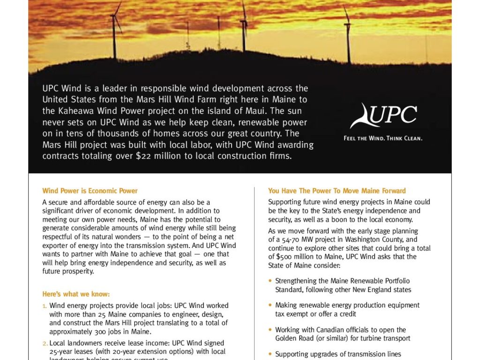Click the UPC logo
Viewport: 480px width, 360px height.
[x=383, y=117]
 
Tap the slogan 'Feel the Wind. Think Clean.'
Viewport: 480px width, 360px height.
[x=383, y=138]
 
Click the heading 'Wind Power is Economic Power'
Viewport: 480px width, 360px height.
[x=90, y=191]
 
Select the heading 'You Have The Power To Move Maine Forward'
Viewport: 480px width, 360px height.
[x=337, y=191]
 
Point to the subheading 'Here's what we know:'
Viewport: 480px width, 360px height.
[x=76, y=294]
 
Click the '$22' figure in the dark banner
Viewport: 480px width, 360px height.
[x=142, y=156]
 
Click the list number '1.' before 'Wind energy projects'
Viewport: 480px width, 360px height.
[x=45, y=306]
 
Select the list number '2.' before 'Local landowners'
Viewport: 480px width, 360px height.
[x=45, y=344]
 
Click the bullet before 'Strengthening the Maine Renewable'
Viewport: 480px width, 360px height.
[x=270, y=281]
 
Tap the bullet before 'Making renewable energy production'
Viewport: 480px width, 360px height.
[x=270, y=305]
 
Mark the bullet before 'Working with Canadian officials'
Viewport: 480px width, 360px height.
[x=270, y=330]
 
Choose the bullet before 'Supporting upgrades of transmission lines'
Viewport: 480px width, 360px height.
[x=270, y=354]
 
